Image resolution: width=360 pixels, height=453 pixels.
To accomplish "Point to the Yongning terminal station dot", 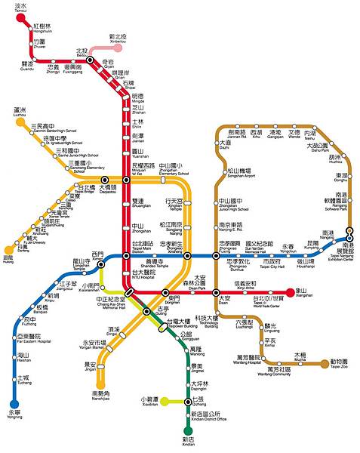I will coord(14,405).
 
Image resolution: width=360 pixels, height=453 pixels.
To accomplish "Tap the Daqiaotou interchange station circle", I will coord(105,180).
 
